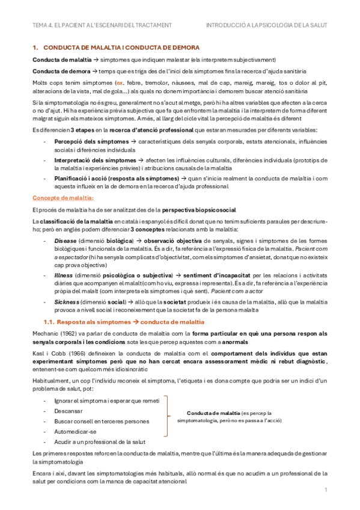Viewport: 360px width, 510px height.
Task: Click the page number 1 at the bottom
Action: coord(325,490)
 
